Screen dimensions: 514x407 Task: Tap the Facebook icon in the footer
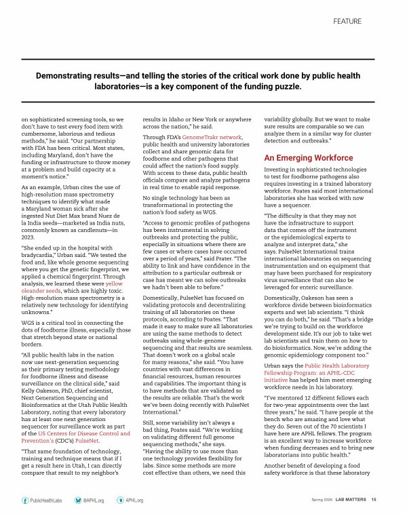pyautogui.click(x=25, y=499)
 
